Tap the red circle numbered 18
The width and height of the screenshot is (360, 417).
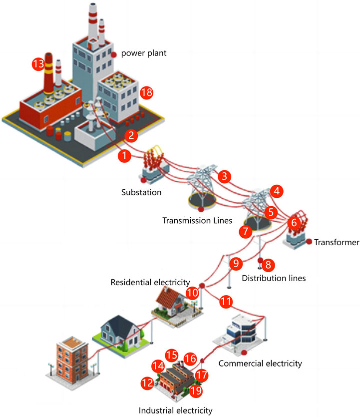point(146,92)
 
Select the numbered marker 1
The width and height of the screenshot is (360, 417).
point(123,156)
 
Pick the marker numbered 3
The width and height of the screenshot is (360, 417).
point(226,176)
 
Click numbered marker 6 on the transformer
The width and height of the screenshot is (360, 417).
point(294,221)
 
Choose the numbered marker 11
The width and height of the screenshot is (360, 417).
point(226,301)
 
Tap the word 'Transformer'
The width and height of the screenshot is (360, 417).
point(337,243)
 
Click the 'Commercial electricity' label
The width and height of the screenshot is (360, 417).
point(260,363)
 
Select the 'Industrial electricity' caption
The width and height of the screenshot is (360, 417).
point(175,411)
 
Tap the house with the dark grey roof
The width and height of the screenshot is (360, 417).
point(120,331)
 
